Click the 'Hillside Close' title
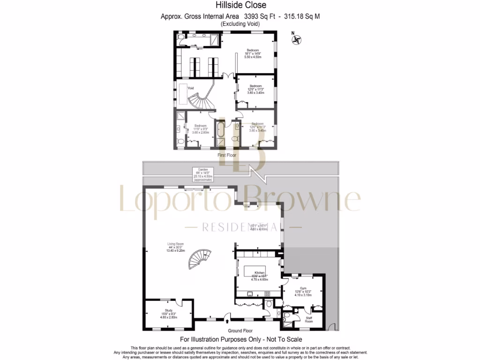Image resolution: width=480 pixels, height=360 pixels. coord(240,6)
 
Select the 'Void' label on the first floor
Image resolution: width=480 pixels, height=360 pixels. coord(191,88)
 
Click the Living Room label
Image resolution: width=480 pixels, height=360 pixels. coord(175,247)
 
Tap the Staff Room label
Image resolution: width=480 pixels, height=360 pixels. coord(309,320)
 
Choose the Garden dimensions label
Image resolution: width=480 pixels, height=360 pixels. coord(202,173)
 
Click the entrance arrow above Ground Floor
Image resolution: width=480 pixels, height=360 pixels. coord(227,321)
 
